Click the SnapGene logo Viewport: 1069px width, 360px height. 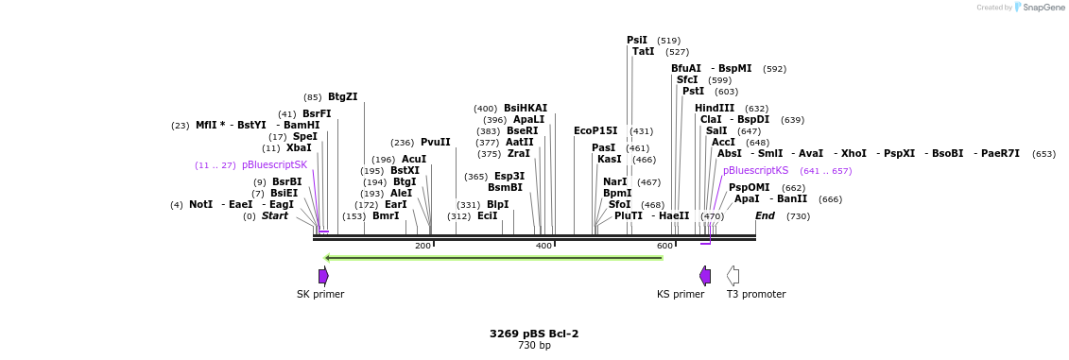tap(1040, 7)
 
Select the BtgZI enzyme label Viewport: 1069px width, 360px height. tap(342, 96)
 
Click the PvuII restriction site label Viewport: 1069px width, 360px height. tap(435, 143)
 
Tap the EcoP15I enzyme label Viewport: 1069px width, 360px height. tap(595, 130)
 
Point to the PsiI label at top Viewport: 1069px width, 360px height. tap(637, 40)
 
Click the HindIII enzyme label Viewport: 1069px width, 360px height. tap(714, 108)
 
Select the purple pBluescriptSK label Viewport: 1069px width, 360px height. tap(274, 164)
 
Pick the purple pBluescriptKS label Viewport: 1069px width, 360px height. tap(755, 170)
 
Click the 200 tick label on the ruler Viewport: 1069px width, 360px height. tap(422, 246)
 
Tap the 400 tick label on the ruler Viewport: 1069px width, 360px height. tap(543, 246)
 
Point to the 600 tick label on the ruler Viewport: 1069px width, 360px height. tap(664, 246)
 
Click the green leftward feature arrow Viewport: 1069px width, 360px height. tap(492, 257)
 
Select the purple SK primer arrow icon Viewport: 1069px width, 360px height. tap(323, 276)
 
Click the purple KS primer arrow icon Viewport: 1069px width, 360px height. tap(705, 276)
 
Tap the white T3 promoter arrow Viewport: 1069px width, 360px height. tap(733, 276)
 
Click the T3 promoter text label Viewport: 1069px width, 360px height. tap(755, 294)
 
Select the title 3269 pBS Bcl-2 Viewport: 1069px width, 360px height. tap(533, 334)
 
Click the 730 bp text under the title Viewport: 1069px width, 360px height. tap(533, 345)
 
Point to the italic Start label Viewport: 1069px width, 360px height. tap(274, 215)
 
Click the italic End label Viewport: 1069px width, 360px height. tap(765, 215)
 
